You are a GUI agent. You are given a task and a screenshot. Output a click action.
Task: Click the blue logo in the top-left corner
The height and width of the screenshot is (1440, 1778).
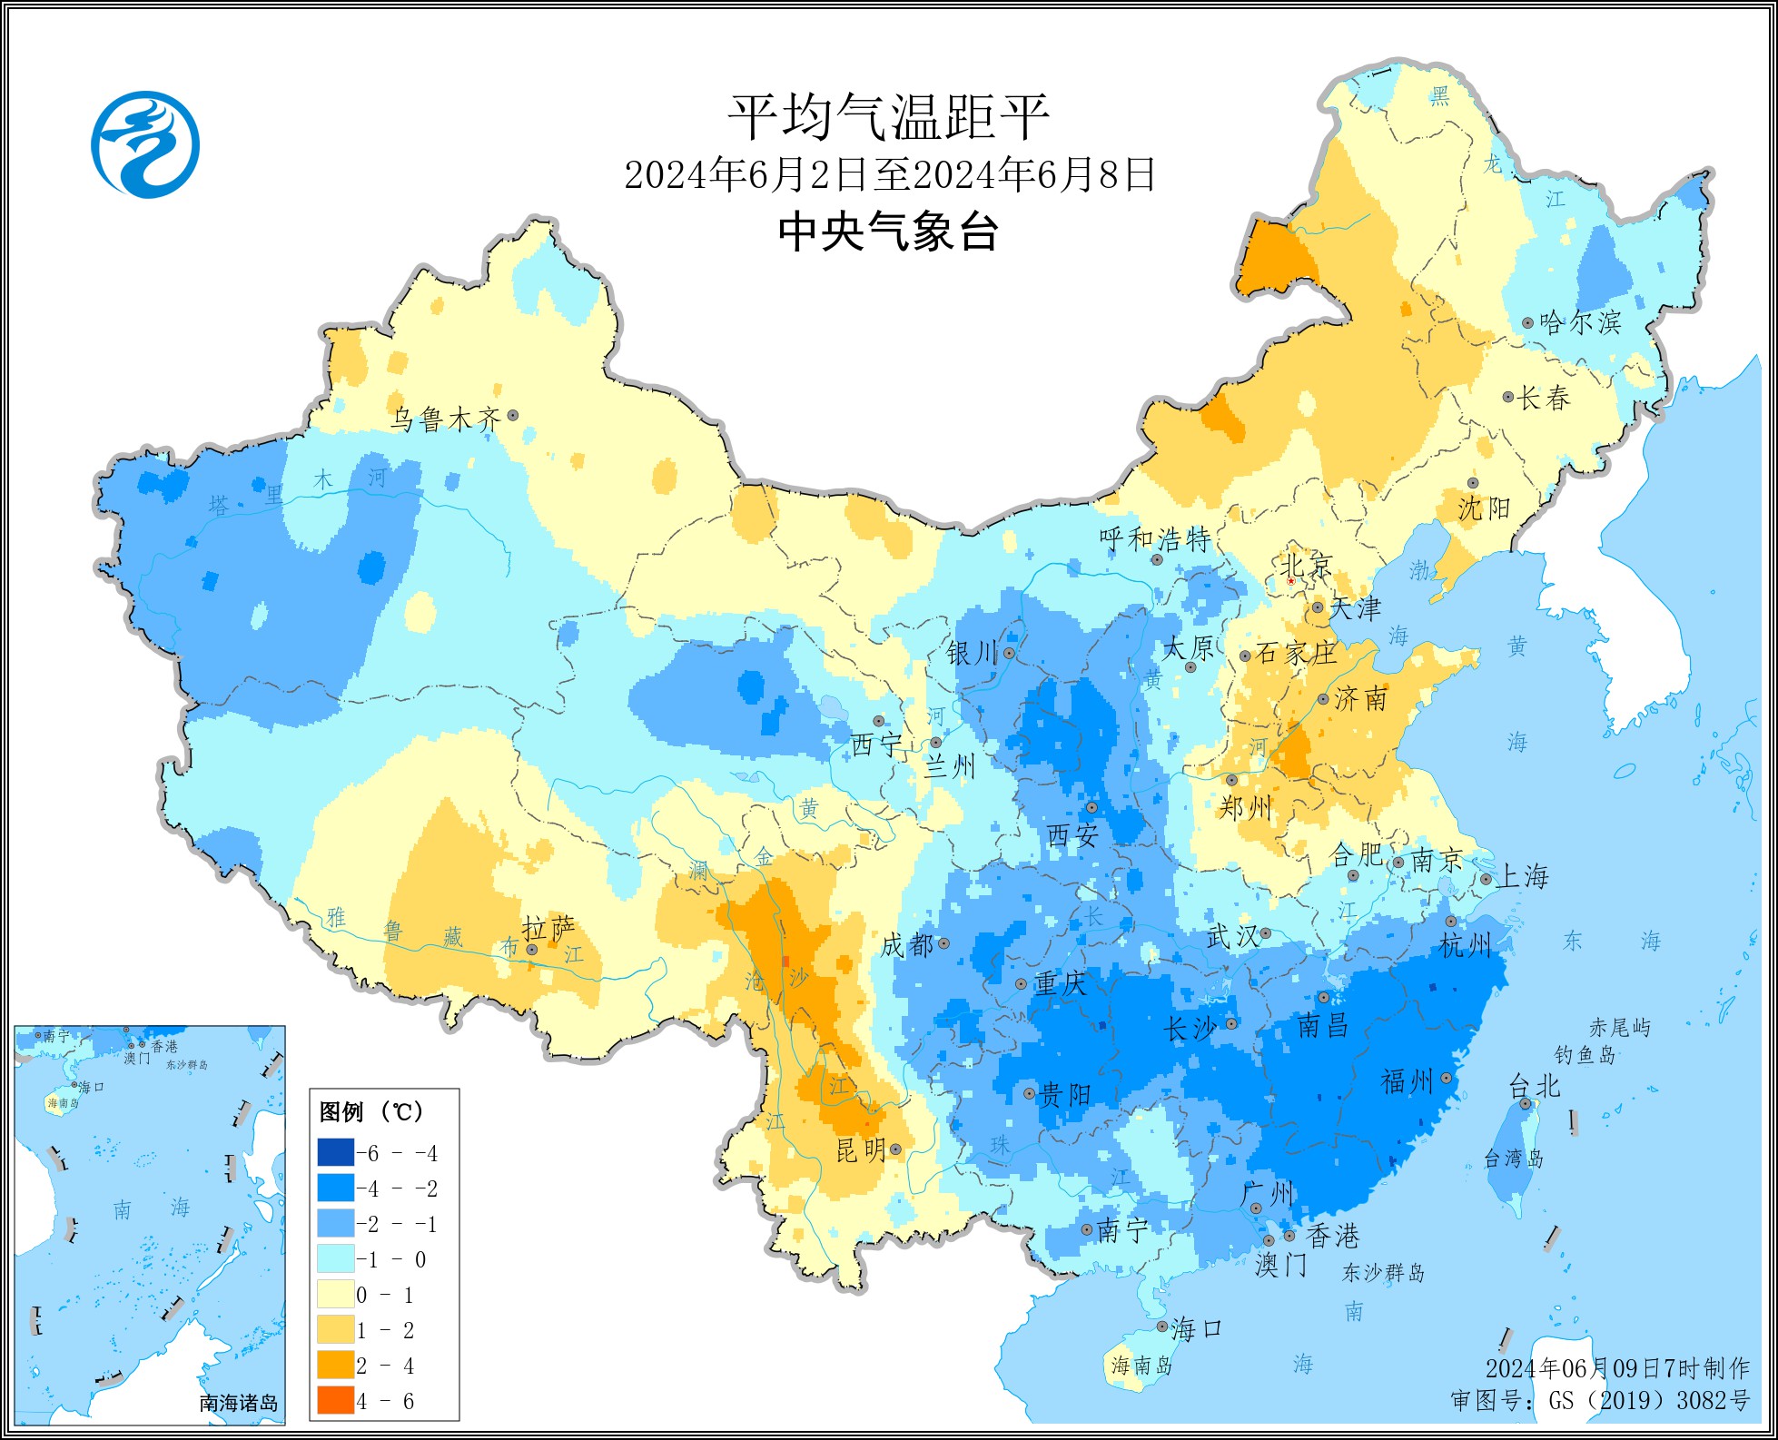click(145, 144)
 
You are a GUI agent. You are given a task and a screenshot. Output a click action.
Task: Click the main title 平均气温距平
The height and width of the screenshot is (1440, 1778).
click(888, 117)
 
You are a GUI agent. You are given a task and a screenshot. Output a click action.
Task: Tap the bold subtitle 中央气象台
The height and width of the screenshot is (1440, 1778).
click(888, 231)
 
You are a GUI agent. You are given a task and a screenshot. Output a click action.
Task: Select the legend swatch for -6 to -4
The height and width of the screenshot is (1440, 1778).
click(335, 1153)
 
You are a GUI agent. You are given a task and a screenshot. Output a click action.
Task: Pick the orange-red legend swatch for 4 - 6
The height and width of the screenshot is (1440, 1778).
click(335, 1401)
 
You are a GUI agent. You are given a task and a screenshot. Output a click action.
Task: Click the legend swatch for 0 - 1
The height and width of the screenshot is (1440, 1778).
click(335, 1295)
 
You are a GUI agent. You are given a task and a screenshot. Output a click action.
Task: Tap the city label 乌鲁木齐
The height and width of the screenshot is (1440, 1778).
click(445, 419)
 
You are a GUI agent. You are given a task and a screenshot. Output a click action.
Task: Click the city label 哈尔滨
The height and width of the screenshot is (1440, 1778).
click(1580, 322)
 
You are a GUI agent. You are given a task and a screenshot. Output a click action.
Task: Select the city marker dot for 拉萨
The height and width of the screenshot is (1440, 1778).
click(532, 950)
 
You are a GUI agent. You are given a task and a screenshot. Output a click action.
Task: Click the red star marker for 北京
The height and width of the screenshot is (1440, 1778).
click(1291, 581)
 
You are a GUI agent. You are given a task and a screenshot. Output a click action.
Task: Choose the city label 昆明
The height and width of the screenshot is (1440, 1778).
click(860, 1150)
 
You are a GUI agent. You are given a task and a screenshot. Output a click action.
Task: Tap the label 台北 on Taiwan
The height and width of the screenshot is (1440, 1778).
click(1534, 1085)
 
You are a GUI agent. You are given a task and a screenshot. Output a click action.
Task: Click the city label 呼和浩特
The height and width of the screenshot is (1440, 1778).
click(1155, 539)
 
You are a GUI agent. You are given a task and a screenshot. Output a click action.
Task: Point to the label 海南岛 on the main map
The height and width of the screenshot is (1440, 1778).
click(1141, 1365)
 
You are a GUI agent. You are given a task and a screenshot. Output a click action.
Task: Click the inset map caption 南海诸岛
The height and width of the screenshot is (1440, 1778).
click(239, 1403)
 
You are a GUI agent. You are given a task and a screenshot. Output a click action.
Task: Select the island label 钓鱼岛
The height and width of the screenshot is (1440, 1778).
click(1585, 1055)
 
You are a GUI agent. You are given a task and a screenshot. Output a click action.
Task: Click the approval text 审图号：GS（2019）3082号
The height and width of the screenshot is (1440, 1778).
click(1599, 1400)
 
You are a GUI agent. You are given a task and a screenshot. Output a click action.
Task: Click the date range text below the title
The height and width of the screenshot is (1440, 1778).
click(888, 174)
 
